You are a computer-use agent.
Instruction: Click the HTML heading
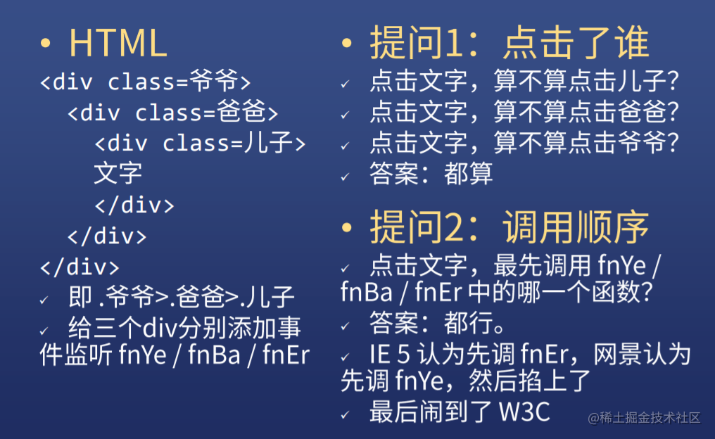pos(118,43)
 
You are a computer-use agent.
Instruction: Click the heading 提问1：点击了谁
pos(510,42)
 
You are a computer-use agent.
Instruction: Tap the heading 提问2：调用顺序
pos(510,227)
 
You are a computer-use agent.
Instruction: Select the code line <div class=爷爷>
pos(146,81)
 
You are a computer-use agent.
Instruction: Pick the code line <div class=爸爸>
pos(173,112)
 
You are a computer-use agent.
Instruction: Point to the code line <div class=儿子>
pos(200,143)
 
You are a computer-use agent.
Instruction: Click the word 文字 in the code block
pos(118,173)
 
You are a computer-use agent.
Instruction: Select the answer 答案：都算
pos(431,174)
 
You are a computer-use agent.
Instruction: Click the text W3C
pos(525,412)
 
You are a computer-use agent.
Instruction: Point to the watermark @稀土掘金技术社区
pos(645,418)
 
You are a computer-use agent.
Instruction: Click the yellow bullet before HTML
pos(45,44)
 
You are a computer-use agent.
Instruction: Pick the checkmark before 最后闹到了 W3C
pos(346,415)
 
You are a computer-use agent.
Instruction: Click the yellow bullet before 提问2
pos(347,227)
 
